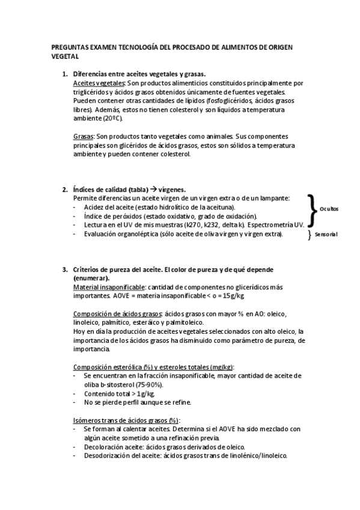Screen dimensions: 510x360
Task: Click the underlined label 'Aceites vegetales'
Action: coord(99,82)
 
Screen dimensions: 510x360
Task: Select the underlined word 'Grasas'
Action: coord(83,137)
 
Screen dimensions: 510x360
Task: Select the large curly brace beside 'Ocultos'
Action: coord(311,209)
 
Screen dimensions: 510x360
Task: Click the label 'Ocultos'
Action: coord(329,209)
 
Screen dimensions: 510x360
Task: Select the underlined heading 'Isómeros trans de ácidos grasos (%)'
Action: coord(126,420)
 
